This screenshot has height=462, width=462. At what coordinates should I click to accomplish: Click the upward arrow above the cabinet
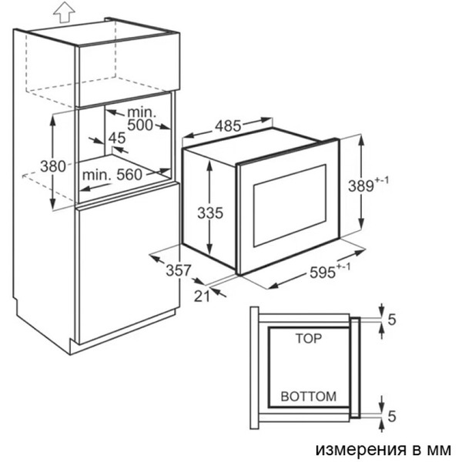pyautogui.click(x=64, y=12)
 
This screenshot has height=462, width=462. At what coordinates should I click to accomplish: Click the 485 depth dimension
pyautogui.click(x=228, y=126)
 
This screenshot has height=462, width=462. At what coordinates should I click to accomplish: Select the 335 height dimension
pyautogui.click(x=210, y=213)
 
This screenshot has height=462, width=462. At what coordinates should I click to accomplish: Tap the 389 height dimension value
pyautogui.click(x=361, y=186)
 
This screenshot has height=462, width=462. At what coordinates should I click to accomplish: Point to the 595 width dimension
pyautogui.click(x=323, y=273)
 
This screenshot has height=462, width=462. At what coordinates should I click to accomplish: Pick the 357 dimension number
pyautogui.click(x=179, y=270)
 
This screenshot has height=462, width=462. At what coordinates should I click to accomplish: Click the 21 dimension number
pyautogui.click(x=202, y=296)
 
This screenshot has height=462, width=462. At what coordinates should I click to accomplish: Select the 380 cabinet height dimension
pyautogui.click(x=53, y=166)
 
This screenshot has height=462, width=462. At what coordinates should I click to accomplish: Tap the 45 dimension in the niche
pyautogui.click(x=117, y=138)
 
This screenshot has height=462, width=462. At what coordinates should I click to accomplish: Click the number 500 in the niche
pyautogui.click(x=140, y=125)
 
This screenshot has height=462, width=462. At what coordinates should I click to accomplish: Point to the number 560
pyautogui.click(x=129, y=175)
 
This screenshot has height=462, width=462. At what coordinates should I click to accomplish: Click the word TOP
pyautogui.click(x=309, y=339)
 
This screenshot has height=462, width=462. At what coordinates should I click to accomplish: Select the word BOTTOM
pyautogui.click(x=309, y=397)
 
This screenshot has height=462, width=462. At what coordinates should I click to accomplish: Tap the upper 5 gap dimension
pyautogui.click(x=392, y=320)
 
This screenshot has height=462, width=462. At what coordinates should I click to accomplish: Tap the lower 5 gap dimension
pyautogui.click(x=392, y=416)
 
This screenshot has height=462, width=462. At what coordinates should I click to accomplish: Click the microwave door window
pyautogui.click(x=290, y=206)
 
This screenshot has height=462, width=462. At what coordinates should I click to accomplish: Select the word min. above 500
pyautogui.click(x=142, y=112)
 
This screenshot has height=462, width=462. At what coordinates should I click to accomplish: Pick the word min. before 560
pyautogui.click(x=97, y=175)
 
